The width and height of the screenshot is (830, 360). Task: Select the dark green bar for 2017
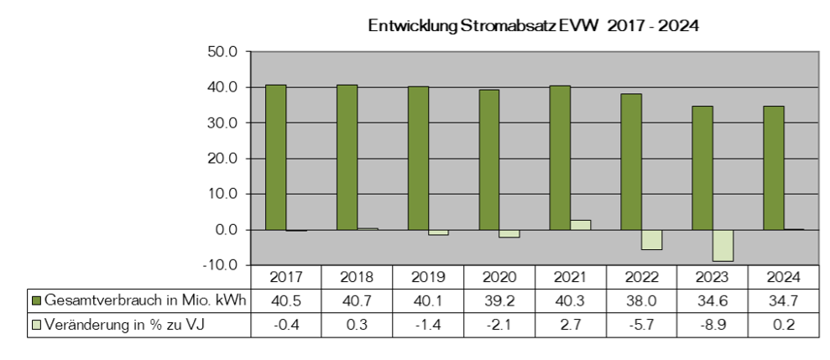[276, 157]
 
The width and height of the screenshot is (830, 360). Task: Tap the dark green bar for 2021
[560, 158]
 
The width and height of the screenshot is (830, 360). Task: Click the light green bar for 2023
[723, 246]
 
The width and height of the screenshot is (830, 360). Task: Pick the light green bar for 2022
[651, 240]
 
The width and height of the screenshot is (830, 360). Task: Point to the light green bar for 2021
[580, 225]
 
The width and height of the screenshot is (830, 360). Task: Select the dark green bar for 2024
[774, 168]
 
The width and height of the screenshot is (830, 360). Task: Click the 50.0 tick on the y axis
[226, 52]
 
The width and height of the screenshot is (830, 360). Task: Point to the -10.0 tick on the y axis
[224, 264]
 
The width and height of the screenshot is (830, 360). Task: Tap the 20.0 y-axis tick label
[226, 159]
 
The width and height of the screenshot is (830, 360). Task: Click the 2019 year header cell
[428, 277]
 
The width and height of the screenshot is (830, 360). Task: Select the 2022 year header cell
[641, 277]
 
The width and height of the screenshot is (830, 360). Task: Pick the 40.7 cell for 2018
[358, 300]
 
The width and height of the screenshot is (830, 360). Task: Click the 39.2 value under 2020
[499, 300]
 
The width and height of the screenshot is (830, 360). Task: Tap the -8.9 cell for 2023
[713, 325]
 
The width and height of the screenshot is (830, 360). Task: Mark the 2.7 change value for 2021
[571, 325]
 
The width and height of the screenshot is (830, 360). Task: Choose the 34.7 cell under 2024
[783, 300]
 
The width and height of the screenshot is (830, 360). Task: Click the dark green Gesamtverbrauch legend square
[36, 300]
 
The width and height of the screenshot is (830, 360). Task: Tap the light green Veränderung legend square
[36, 325]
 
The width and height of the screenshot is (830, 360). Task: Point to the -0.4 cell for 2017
[286, 325]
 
